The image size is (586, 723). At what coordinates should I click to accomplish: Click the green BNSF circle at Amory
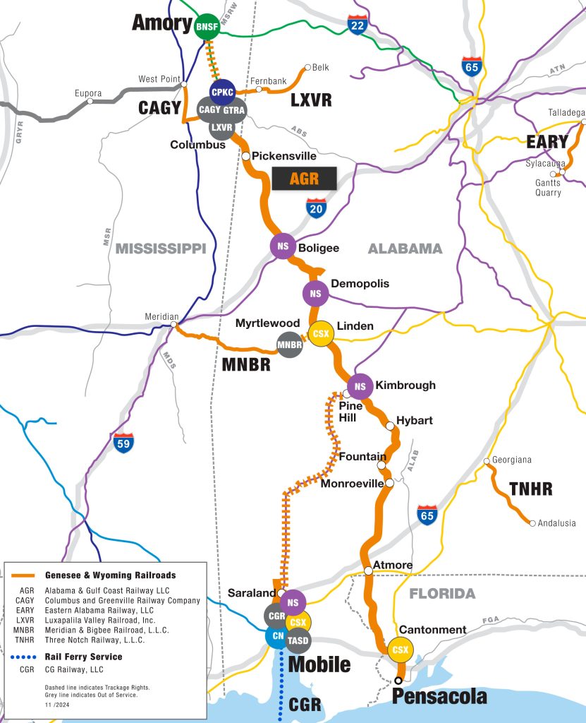point(206,27)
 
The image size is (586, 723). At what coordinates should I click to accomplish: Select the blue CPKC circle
point(222,92)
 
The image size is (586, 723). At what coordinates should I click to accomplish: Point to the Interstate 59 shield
point(123,443)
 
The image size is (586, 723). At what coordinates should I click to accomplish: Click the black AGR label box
point(304,179)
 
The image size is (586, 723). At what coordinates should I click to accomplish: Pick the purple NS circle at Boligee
point(283,246)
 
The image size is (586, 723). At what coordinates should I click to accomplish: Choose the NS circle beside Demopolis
point(315,293)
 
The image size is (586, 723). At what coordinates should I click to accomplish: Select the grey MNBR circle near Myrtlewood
point(289,345)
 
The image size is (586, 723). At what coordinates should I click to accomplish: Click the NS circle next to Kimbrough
point(360,386)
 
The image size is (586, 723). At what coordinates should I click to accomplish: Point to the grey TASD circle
point(299,641)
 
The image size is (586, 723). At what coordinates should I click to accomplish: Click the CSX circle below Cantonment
point(401,650)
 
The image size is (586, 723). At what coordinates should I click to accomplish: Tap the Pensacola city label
point(439,697)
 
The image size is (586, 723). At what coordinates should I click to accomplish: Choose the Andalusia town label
point(557,523)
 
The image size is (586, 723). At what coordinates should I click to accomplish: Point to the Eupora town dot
point(90,102)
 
